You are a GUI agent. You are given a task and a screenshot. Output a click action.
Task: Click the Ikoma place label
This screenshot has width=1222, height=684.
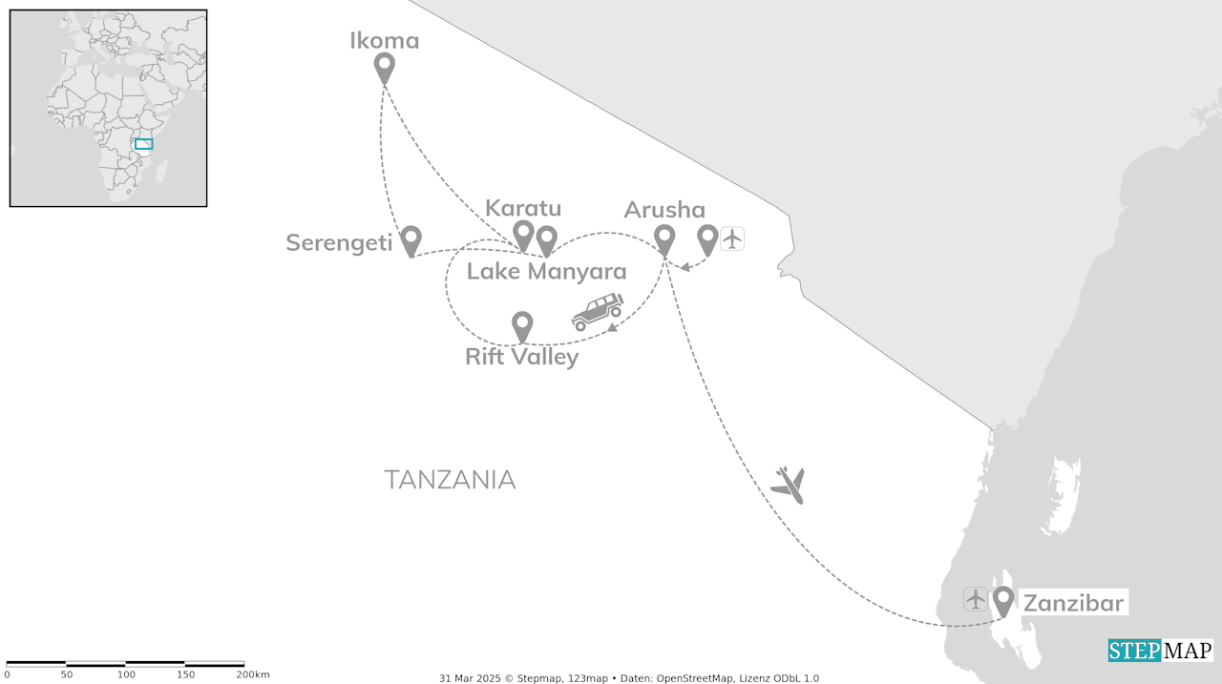pyautogui.click(x=384, y=41)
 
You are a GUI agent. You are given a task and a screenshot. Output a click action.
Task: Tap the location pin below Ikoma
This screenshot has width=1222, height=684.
pyautogui.click(x=384, y=68)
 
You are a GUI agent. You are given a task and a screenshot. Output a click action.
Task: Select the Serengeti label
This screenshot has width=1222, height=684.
pyautogui.click(x=339, y=243)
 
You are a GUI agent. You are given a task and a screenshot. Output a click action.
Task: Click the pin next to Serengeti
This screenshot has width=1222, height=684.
pyautogui.click(x=411, y=239)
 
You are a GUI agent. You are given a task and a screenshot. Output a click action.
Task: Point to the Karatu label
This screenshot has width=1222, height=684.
pyautogui.click(x=523, y=208)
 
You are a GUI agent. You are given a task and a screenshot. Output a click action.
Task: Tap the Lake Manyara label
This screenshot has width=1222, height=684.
pyautogui.click(x=546, y=272)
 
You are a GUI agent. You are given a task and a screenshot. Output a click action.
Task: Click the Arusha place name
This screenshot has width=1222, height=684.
pyautogui.click(x=664, y=210)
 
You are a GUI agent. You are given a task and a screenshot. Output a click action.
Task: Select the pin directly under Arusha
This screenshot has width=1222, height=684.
pyautogui.click(x=664, y=238)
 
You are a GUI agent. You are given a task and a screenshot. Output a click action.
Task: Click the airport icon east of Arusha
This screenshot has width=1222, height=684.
pyautogui.click(x=731, y=238)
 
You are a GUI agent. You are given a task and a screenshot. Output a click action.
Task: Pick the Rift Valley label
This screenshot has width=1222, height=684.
pyautogui.click(x=521, y=358)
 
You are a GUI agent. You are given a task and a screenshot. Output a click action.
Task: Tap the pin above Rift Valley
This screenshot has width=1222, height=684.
pyautogui.click(x=522, y=325)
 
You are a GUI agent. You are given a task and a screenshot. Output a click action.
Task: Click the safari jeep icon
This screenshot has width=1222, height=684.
pyautogui.click(x=598, y=311)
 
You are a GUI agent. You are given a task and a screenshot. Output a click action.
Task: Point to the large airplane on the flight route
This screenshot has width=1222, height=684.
pyautogui.click(x=789, y=485)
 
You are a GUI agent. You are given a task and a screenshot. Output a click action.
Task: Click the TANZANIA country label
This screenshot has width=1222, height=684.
pyautogui.click(x=450, y=480)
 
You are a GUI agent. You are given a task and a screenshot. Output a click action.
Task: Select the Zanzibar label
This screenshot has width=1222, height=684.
pyautogui.click(x=1073, y=603)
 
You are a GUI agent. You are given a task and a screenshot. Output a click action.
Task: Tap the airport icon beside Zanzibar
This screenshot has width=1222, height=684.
pyautogui.click(x=975, y=599)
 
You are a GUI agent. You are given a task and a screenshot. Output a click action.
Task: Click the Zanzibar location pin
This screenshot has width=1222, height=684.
pyautogui.click(x=1002, y=600)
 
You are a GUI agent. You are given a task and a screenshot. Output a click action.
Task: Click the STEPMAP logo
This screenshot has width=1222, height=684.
pyautogui.click(x=1160, y=651)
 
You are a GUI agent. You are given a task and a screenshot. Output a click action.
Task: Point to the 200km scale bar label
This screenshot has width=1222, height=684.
pyautogui.click(x=252, y=674)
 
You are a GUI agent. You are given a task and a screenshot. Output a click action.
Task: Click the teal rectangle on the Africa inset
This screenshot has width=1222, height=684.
pyautogui.click(x=143, y=144)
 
